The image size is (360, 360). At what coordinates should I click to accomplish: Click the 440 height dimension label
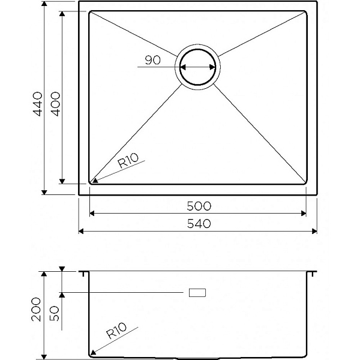[x=38, y=104]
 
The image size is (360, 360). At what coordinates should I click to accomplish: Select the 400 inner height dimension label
[x=55, y=104]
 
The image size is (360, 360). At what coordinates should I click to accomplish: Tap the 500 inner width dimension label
[x=199, y=206]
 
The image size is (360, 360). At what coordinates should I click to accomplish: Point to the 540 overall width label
[x=199, y=224]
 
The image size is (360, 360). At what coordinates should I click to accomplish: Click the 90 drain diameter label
[x=152, y=60]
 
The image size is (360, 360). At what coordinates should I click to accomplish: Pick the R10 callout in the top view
[x=128, y=160]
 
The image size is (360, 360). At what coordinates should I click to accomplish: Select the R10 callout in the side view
[x=116, y=331]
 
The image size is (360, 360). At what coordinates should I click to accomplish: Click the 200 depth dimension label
[x=36, y=310]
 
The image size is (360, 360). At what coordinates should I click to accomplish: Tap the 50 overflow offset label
[x=55, y=313]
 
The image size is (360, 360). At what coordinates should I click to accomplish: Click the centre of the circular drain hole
[x=197, y=67]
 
